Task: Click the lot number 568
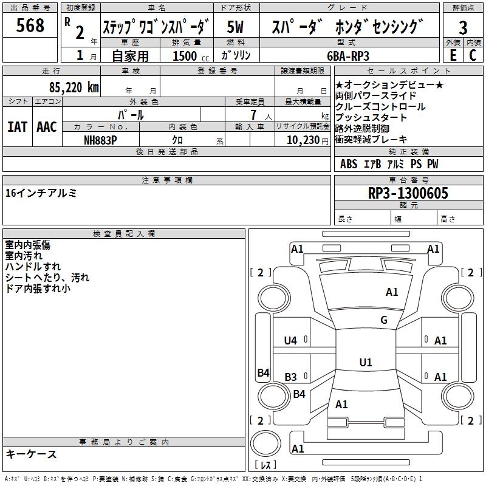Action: [30, 26]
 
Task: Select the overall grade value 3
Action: [463, 28]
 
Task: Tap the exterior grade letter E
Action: [453, 55]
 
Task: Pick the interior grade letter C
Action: [473, 55]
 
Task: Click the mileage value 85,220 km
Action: [74, 87]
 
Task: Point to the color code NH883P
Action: [100, 140]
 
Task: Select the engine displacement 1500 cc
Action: [191, 56]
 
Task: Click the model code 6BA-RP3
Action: [348, 56]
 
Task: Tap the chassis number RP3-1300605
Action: [408, 193]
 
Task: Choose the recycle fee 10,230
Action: [303, 140]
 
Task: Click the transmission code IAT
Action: [17, 127]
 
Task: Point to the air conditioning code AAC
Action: [47, 127]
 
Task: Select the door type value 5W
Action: [235, 27]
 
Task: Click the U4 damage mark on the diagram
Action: [290, 341]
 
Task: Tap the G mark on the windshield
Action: [384, 320]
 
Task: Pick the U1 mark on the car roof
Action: [366, 362]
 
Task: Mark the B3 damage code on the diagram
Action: [291, 377]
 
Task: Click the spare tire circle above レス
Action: [265, 443]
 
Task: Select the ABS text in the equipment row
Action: [349, 164]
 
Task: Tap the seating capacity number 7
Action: [253, 115]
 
